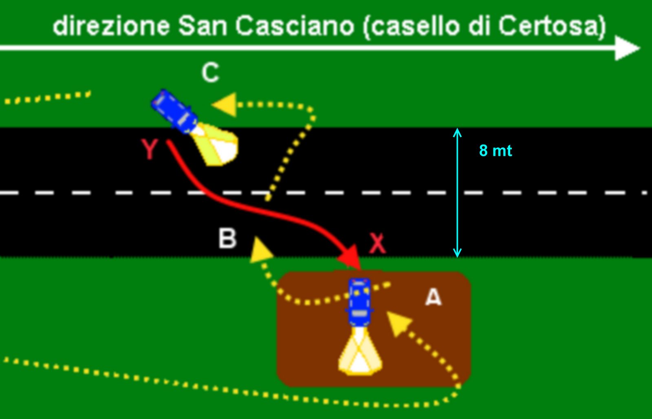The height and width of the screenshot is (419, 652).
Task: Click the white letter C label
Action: [x=210, y=73]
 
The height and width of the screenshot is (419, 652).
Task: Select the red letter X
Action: [x=377, y=244]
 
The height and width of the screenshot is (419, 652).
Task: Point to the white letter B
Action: [x=227, y=238]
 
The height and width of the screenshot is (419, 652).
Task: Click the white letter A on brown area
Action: [x=433, y=297]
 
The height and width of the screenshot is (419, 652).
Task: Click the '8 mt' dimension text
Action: [x=496, y=151]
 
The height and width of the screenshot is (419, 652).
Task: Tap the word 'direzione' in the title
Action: [x=111, y=26]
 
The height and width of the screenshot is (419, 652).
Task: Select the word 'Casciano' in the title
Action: [x=294, y=26]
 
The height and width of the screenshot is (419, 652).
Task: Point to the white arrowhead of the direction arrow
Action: [x=627, y=48]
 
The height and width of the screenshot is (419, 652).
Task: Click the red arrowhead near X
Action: [x=350, y=257]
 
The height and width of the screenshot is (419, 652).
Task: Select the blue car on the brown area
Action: [x=359, y=302]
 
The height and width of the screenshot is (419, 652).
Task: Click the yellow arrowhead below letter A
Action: [x=398, y=323]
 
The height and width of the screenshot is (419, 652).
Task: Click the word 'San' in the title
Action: [x=203, y=26]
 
